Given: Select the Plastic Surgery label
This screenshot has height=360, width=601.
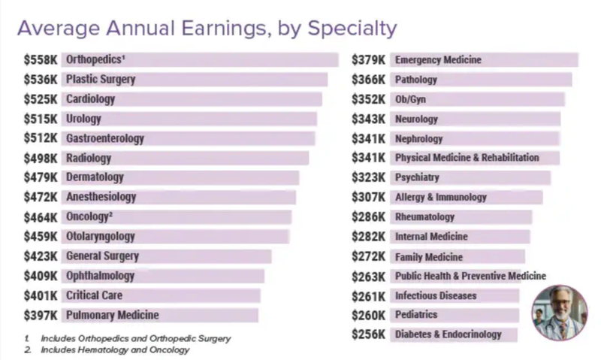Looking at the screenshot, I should tap(101, 79).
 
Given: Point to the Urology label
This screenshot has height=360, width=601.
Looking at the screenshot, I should tap(83, 119).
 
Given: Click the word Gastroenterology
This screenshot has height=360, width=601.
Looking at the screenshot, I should tap(104, 138).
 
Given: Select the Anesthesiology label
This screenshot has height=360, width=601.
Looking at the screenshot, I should tap(101, 197).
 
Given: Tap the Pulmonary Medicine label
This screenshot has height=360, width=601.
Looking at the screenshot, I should tap(112, 315).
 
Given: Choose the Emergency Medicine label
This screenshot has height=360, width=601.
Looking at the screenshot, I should tap(438, 59).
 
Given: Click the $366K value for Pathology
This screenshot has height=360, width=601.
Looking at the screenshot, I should tap(369, 79).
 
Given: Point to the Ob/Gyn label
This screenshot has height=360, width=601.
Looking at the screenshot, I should tap(410, 99).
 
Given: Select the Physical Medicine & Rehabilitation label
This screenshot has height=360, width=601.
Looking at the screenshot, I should tap(467, 158).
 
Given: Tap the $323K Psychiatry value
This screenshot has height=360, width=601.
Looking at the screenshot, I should tap(369, 177).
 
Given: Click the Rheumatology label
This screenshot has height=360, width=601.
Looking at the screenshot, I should tap(424, 216).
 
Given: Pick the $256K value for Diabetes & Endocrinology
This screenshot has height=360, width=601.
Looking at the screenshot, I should tap(369, 334).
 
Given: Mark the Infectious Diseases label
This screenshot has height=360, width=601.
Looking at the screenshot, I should tap(436, 295).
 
